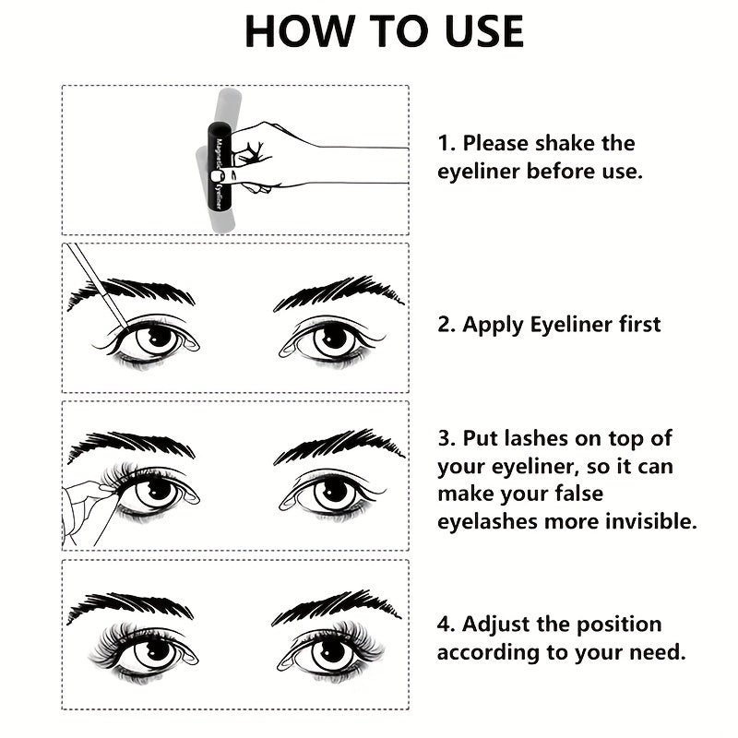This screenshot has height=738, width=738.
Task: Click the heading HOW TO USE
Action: tap(384, 32)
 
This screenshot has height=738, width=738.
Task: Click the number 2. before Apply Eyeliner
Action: tap(447, 325)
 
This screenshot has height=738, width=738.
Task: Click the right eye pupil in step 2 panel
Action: tap(331, 339)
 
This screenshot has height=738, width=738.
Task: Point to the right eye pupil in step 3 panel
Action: tap(331, 492)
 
